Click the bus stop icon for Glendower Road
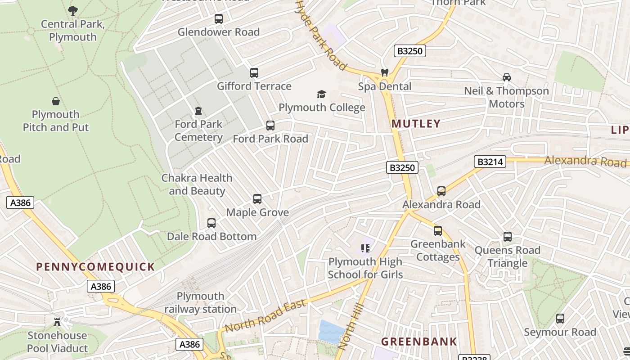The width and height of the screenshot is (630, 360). tap(219, 19)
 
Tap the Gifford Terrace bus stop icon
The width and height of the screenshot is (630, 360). tap(254, 73)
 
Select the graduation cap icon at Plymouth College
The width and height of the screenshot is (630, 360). tap(321, 94)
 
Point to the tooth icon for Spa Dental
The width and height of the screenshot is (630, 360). tap(385, 72)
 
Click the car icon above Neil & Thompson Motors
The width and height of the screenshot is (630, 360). tap(507, 77)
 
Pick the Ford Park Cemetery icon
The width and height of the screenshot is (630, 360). tap(198, 111)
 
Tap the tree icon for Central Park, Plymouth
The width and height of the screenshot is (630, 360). tap(73, 10)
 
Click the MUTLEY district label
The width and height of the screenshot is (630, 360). tap(416, 124)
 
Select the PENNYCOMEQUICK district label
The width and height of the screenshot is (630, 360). tap(95, 267)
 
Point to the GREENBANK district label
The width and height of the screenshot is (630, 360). tap(419, 342)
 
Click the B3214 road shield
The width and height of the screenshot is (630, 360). tap(490, 162)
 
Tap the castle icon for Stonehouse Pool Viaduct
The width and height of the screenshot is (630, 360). tap(57, 322)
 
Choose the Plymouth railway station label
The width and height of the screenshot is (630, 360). tap(200, 302)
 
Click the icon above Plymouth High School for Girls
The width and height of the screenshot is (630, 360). tap(365, 248)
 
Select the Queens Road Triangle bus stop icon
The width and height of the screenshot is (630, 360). tap(508, 237)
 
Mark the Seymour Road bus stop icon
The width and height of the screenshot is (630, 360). tap(560, 319)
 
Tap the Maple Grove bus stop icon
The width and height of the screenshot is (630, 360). tap(257, 199)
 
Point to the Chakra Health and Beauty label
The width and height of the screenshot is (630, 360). tap(197, 184)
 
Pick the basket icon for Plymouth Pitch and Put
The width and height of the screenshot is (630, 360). tap(56, 101)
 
